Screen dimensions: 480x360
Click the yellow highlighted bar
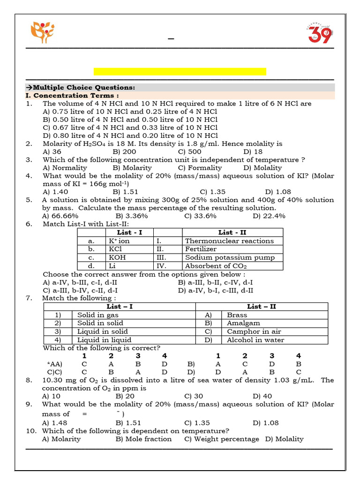[180, 71]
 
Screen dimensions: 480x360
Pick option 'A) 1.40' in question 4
[55, 192]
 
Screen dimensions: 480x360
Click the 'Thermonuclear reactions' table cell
[229, 241]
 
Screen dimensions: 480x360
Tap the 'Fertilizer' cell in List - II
[201, 249]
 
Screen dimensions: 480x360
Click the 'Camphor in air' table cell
[254, 331]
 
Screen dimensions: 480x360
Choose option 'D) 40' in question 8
[262, 396]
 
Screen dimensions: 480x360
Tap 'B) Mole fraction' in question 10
[143, 439]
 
